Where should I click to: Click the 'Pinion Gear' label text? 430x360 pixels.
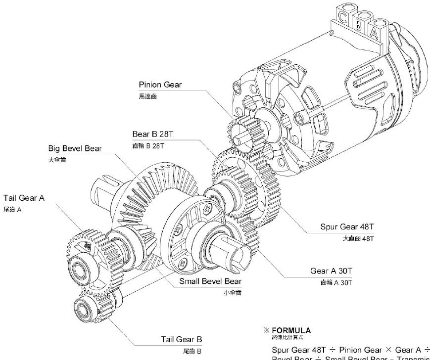(160, 85)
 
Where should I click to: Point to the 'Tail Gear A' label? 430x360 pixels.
(24, 198)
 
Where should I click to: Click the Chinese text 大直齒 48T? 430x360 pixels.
(360, 238)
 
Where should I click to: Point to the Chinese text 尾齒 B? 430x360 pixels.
(193, 351)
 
